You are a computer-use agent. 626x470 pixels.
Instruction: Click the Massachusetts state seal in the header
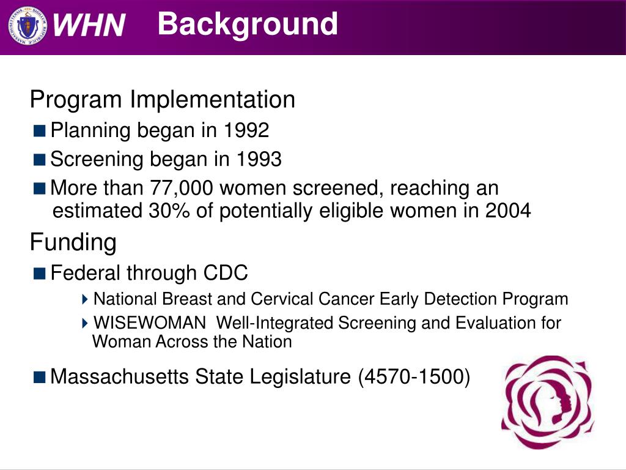(x=27, y=26)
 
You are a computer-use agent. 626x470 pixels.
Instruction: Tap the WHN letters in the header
(x=89, y=25)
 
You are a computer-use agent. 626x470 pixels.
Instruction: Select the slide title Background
(x=248, y=24)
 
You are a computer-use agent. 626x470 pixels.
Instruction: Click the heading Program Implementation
(x=162, y=100)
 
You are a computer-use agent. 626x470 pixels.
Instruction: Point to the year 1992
(x=246, y=130)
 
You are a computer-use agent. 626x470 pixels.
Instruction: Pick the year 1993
(x=259, y=159)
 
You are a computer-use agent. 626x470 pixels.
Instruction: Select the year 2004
(x=508, y=211)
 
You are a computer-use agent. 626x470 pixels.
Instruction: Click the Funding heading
(x=73, y=242)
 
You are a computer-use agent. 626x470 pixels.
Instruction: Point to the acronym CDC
(x=226, y=273)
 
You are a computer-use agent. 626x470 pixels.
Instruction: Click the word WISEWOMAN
(x=150, y=323)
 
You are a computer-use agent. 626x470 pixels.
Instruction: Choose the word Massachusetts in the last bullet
(x=119, y=376)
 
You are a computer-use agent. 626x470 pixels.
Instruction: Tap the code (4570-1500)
(x=414, y=377)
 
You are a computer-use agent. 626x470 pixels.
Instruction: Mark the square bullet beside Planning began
(x=40, y=131)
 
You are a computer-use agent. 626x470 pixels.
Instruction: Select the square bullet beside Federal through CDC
(x=40, y=274)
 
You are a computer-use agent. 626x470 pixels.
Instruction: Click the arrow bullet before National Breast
(x=84, y=299)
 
